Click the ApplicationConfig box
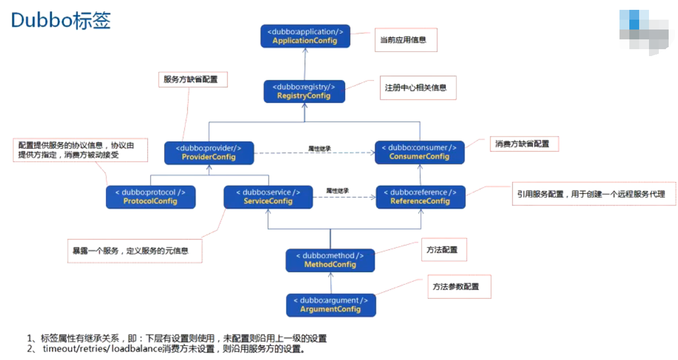[305, 36]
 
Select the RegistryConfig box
[304, 91]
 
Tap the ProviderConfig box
[209, 152]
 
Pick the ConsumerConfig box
[419, 152]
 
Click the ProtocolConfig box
[150, 197]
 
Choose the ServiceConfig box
[268, 197]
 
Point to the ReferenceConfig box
[420, 197]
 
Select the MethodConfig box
[330, 260]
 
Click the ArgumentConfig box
[330, 305]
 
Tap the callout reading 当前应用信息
[406, 40]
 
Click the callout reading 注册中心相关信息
[417, 88]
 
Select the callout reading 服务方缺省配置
[193, 79]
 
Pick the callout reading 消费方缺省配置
[524, 144]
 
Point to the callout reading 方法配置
[443, 250]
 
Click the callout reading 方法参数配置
[459, 287]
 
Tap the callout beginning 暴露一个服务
[135, 251]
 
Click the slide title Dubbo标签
[61, 21]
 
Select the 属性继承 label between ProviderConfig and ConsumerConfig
[319, 148]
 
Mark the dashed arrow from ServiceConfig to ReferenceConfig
[344, 197]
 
